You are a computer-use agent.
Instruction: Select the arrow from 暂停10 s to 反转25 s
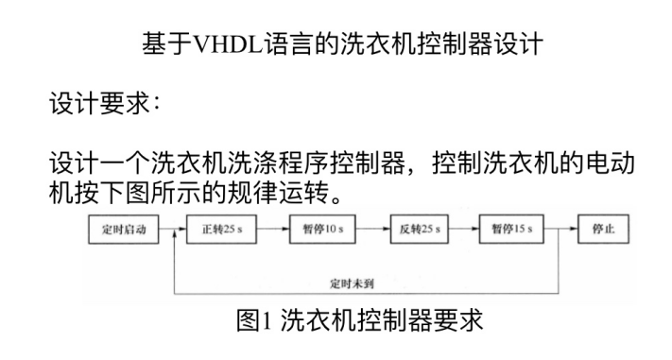[372, 230]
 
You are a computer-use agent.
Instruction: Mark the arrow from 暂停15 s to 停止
[560, 230]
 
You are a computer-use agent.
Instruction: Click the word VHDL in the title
[227, 43]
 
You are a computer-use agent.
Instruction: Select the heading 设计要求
[99, 104]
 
